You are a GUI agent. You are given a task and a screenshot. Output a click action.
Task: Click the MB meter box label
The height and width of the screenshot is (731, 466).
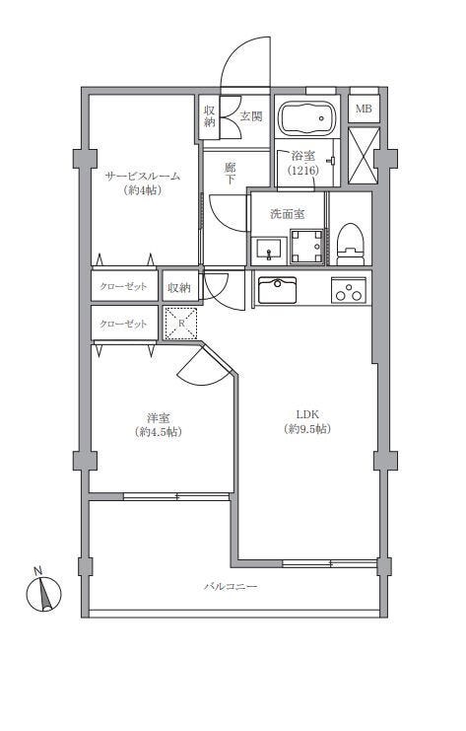point(364,110)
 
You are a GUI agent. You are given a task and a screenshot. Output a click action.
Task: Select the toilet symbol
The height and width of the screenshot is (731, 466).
point(350,244)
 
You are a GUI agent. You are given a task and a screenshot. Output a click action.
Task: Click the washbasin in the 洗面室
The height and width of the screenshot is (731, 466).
point(269,251)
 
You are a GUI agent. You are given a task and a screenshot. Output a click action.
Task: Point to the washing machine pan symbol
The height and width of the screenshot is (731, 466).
point(307,247)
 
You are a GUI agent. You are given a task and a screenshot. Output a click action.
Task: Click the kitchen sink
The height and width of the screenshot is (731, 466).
point(277,290)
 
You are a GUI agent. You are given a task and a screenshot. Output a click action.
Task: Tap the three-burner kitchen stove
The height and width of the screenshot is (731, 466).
point(348,289)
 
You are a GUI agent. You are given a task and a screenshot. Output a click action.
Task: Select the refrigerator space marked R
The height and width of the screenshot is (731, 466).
point(181,323)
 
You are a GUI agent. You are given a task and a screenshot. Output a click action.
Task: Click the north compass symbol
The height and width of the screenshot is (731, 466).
point(43,591)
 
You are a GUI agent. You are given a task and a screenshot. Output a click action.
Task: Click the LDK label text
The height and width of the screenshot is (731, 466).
point(307,414)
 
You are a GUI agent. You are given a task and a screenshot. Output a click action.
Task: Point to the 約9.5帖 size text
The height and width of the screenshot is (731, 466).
point(307,429)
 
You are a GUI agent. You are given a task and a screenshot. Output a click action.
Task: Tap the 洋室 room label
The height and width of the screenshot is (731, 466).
point(158,416)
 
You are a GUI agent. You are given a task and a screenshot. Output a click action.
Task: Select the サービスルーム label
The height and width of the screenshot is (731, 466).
point(143,176)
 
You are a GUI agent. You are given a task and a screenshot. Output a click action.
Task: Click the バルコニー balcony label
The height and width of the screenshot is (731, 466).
point(231,586)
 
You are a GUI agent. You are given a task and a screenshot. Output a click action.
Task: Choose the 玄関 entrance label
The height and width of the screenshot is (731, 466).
point(251,116)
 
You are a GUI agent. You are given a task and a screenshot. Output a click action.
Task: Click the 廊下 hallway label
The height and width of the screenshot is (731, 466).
point(230,174)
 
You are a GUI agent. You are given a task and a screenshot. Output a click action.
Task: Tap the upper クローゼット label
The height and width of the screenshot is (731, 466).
point(123,286)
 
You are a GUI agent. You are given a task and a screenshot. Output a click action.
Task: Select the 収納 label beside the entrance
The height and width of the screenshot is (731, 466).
point(210,116)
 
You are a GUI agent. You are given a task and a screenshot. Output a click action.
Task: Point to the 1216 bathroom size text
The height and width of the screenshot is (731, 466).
point(303,171)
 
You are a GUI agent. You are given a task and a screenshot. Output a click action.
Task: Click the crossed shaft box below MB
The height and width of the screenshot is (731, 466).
point(365,156)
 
